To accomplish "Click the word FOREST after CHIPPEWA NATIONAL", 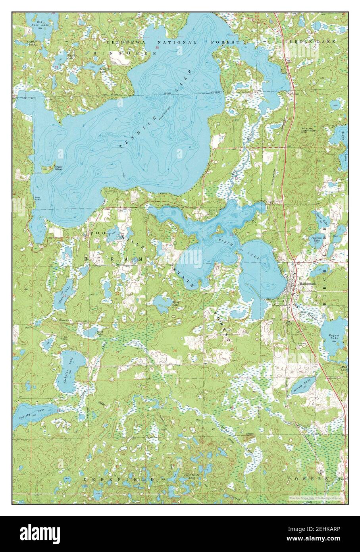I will pos(227,42).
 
